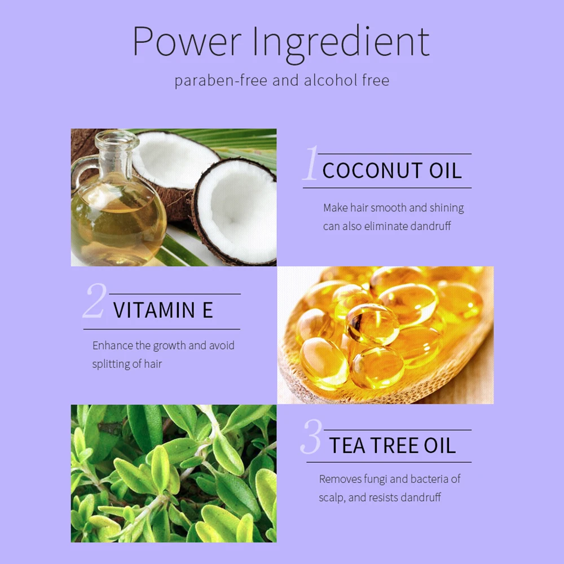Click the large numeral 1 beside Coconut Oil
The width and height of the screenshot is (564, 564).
point(311,165)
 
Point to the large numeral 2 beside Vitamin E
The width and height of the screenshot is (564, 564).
point(94,302)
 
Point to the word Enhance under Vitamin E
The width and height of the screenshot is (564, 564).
point(113,345)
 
